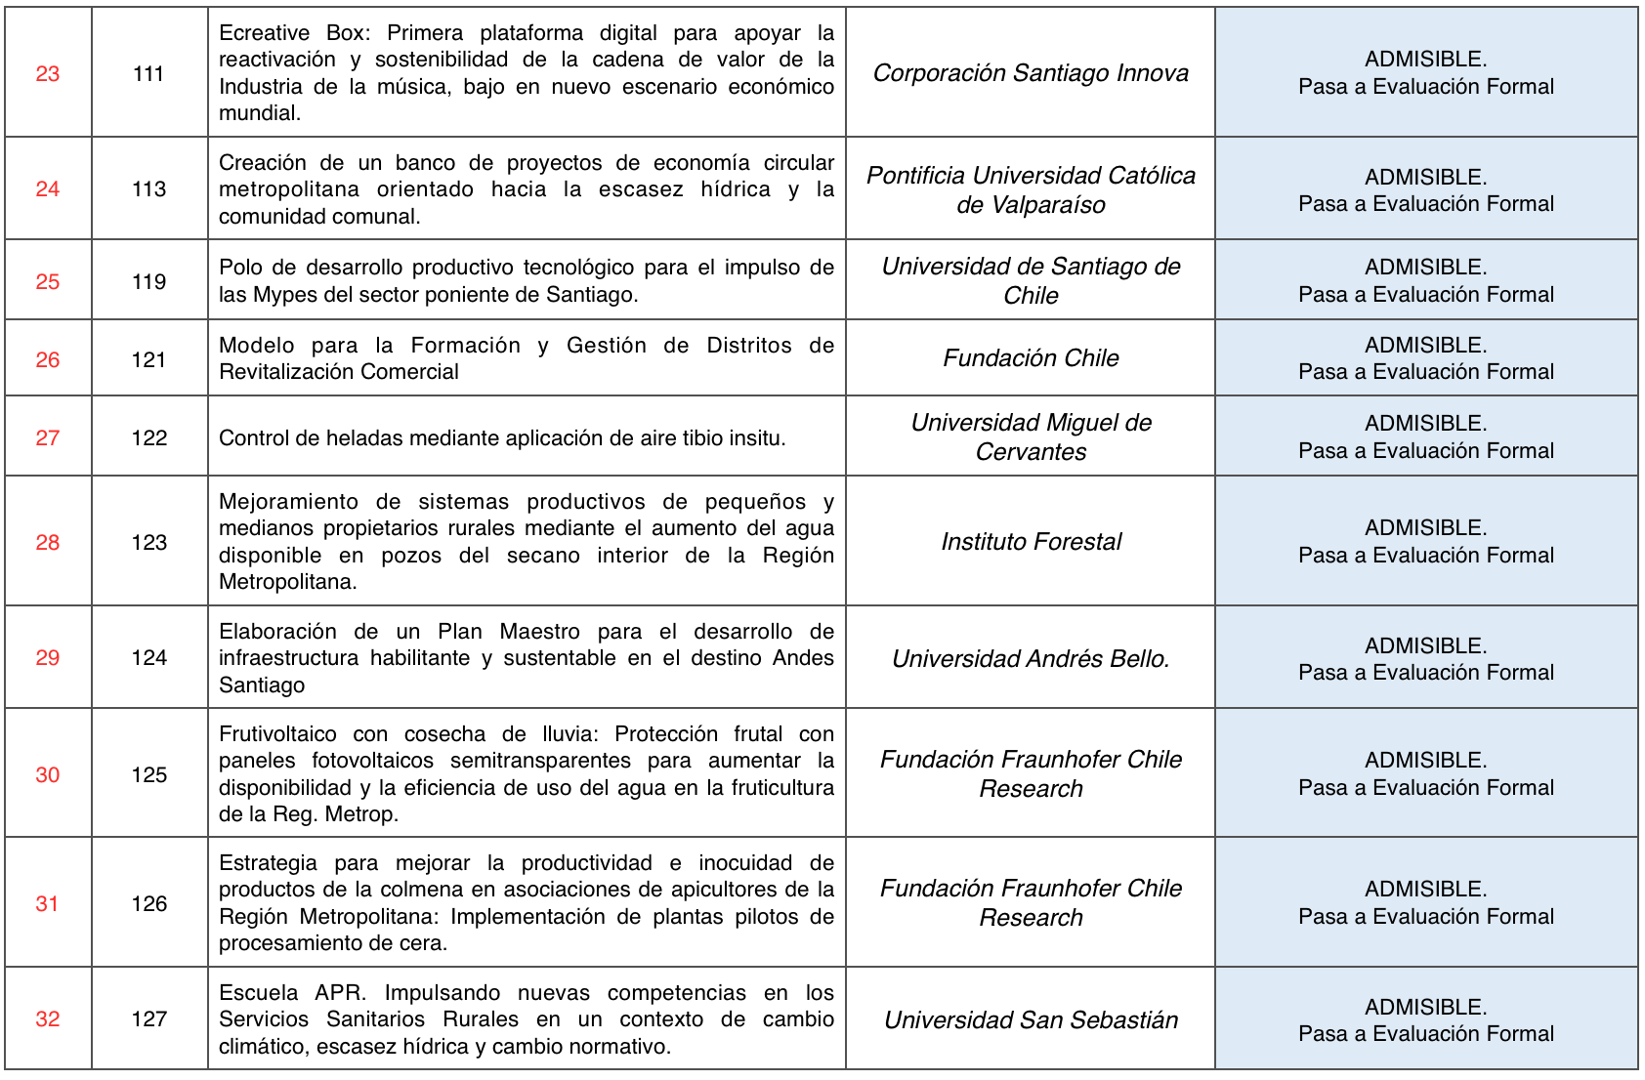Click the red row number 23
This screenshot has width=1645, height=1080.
coord(48,74)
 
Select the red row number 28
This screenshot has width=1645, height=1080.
coord(48,543)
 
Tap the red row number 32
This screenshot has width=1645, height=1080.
coord(48,1019)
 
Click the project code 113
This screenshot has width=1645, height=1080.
coord(149,189)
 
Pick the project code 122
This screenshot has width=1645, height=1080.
coord(149,438)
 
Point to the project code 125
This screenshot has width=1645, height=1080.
coord(149,775)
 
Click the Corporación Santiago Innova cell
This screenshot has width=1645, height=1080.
coord(1031,73)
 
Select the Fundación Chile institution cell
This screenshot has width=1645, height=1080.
coord(1031,358)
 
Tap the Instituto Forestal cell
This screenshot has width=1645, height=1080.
coord(1031,542)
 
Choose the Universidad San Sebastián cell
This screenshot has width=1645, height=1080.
coord(1031,1020)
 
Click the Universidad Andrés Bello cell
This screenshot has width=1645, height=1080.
coord(1031,659)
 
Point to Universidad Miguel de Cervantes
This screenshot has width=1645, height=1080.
coord(1031,437)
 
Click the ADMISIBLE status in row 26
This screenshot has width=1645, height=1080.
coord(1425,346)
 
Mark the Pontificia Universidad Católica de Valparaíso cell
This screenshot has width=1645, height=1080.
coord(1031,190)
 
